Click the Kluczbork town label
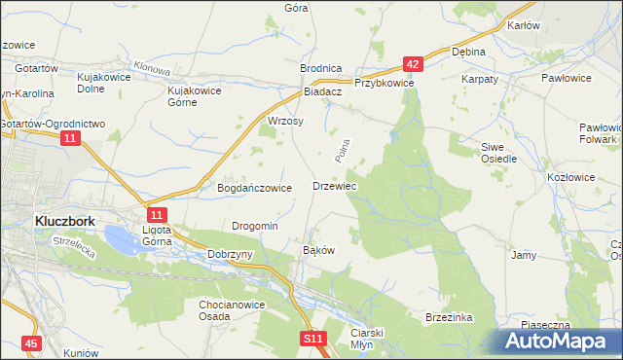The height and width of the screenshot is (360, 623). point(64,221)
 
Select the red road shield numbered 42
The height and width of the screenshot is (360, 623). point(414,64)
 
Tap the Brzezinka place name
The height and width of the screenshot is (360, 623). point(448,317)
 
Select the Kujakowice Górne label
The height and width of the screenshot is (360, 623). point(196,96)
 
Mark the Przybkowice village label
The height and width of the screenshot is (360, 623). point(385,84)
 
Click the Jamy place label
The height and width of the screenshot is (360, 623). point(524,255)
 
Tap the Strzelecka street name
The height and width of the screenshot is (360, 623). point(74,250)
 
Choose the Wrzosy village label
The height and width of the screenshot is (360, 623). point(286,122)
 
